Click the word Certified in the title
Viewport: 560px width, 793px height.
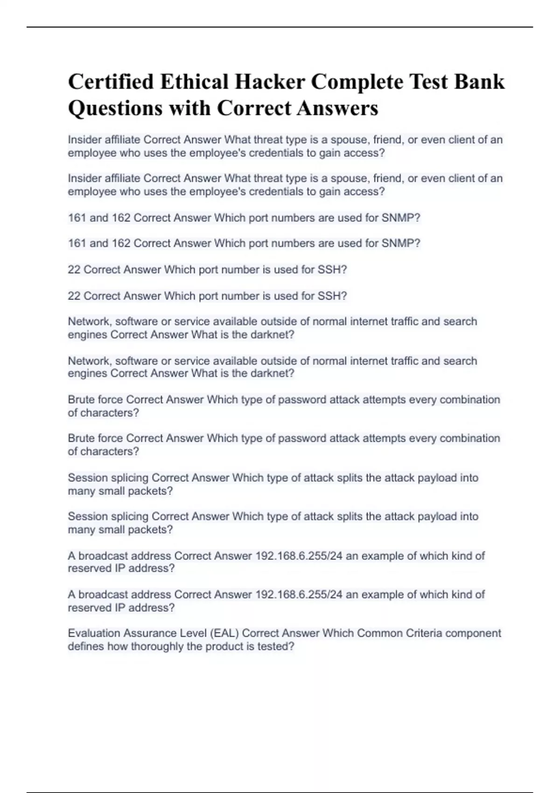pos(111,82)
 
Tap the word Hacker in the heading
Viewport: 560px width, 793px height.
pos(269,82)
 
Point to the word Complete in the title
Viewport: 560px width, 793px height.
pos(357,83)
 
